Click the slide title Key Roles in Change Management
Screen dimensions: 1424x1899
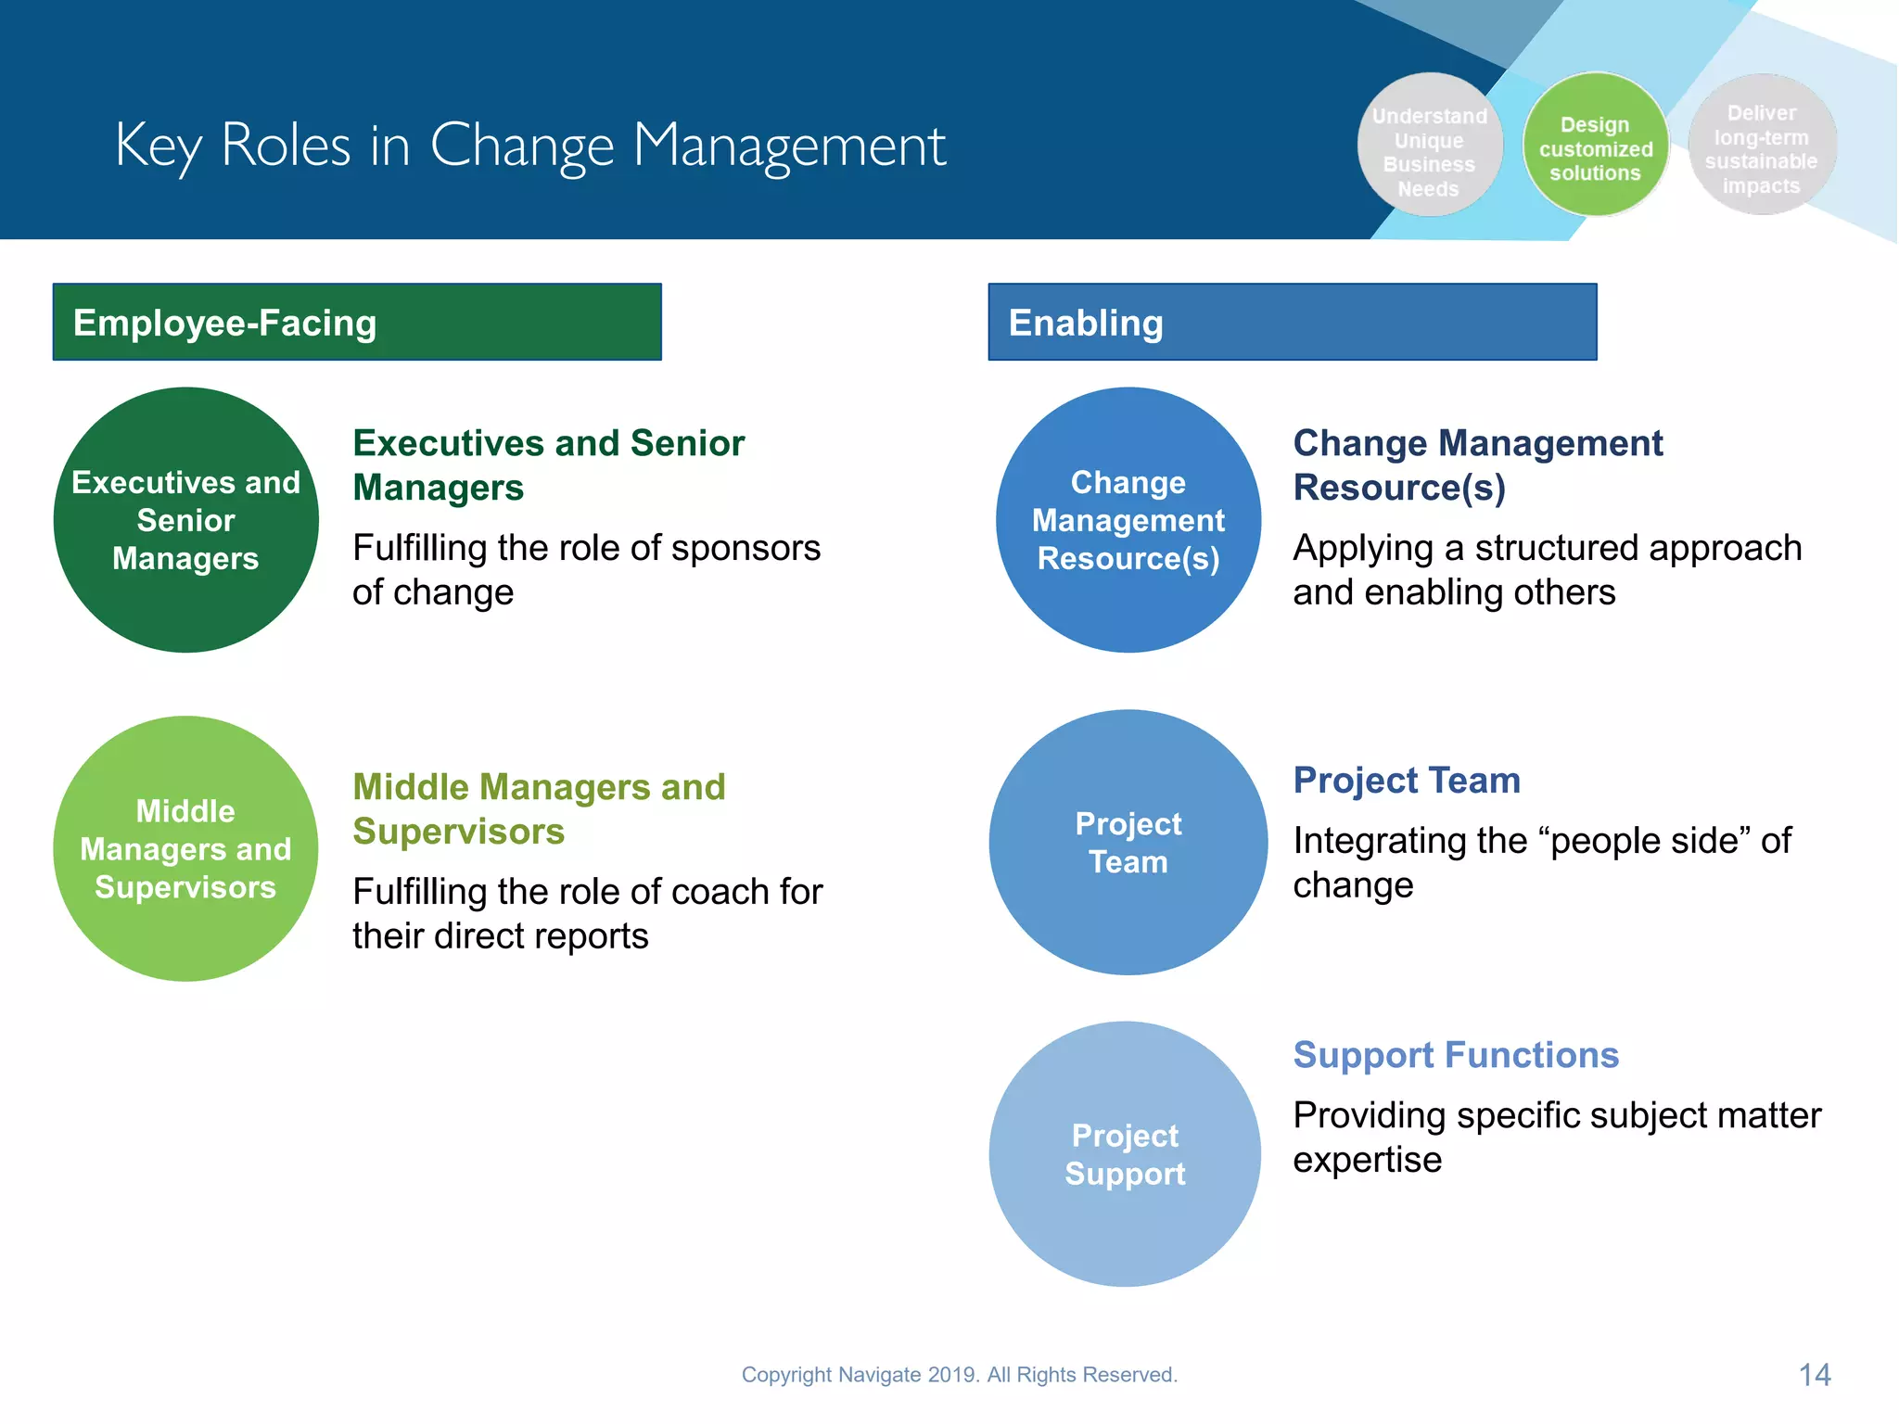pyautogui.click(x=530, y=146)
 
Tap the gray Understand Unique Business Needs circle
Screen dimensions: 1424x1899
pyautogui.click(x=1429, y=146)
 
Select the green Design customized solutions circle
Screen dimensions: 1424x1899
pyautogui.click(x=1595, y=146)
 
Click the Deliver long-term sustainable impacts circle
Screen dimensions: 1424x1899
pyautogui.click(x=1761, y=146)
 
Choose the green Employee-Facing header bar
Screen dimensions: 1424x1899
pyautogui.click(x=357, y=322)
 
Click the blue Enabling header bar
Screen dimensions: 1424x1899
pyautogui.click(x=1292, y=322)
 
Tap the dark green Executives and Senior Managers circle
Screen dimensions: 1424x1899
pyautogui.click(x=186, y=520)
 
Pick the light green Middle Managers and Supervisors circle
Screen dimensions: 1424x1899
pyautogui.click(x=186, y=848)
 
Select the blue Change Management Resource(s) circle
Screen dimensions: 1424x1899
pyautogui.click(x=1128, y=520)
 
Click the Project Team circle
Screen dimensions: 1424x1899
pyautogui.click(x=1128, y=842)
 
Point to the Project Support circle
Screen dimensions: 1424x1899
pyautogui.click(x=1125, y=1154)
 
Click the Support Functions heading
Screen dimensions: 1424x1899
pyautogui.click(x=1456, y=1055)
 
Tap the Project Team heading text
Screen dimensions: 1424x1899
pyautogui.click(x=1407, y=781)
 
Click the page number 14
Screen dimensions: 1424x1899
pyautogui.click(x=1815, y=1375)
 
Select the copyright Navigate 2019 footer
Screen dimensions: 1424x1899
pyautogui.click(x=959, y=1375)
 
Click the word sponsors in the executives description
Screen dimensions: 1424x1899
pyautogui.click(x=746, y=548)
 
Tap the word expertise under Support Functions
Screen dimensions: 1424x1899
pyautogui.click(x=1368, y=1160)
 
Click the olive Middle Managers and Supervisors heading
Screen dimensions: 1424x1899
pyautogui.click(x=539, y=809)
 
